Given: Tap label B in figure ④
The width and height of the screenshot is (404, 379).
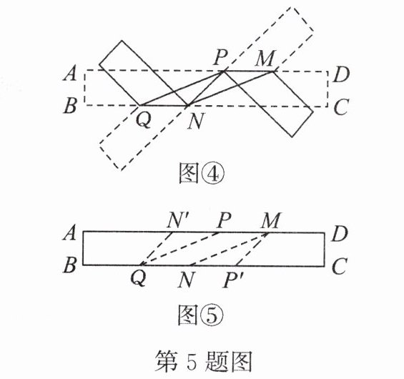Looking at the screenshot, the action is (x=70, y=106).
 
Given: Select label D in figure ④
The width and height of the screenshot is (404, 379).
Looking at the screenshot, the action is (x=341, y=74).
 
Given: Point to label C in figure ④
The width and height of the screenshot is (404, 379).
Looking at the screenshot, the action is (x=341, y=107).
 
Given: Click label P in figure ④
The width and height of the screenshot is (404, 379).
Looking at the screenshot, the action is (x=221, y=57).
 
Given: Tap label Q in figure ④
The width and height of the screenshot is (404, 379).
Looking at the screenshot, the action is (x=144, y=120).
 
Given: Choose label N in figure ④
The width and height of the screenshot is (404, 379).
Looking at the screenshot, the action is (x=196, y=121).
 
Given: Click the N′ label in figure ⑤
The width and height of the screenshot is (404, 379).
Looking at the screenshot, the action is (x=177, y=221).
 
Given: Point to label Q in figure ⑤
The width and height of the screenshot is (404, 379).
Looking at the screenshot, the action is (x=139, y=279).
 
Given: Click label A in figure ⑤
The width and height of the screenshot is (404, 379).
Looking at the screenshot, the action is (x=69, y=232).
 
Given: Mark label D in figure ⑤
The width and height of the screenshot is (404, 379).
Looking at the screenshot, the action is (x=340, y=235).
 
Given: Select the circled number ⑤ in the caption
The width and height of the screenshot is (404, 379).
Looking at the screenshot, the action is (x=213, y=315).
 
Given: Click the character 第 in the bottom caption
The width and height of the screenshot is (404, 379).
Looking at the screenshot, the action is (x=166, y=360).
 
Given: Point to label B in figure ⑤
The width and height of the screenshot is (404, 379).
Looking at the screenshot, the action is (x=70, y=265).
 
